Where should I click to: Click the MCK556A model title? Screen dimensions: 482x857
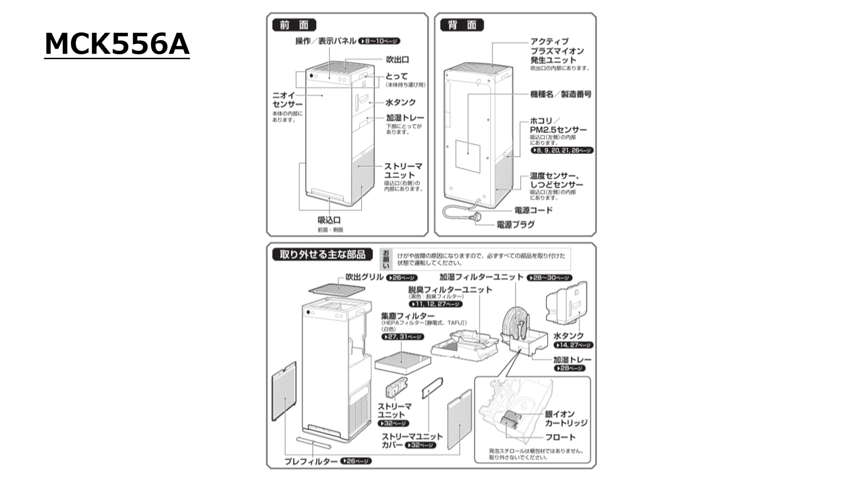(x=117, y=44)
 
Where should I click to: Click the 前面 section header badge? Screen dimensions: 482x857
(x=294, y=25)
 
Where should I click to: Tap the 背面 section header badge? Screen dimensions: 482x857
(x=462, y=25)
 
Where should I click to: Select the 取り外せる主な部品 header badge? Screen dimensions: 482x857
(x=322, y=255)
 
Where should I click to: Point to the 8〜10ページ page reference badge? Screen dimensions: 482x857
(x=379, y=42)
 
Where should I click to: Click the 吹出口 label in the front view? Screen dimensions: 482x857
(x=397, y=60)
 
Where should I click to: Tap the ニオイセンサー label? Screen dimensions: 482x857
(x=287, y=100)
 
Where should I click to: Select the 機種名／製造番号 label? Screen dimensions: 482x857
(x=561, y=94)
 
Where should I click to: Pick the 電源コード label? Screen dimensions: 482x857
(x=534, y=210)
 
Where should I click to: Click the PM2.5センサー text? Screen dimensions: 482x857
(x=558, y=130)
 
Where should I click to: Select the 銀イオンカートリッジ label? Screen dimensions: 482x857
(x=566, y=418)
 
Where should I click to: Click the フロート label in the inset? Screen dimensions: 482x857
(x=560, y=437)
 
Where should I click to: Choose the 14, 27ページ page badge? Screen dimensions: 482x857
(x=573, y=345)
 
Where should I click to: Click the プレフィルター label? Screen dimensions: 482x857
(x=311, y=462)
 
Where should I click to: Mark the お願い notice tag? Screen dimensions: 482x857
(x=386, y=259)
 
